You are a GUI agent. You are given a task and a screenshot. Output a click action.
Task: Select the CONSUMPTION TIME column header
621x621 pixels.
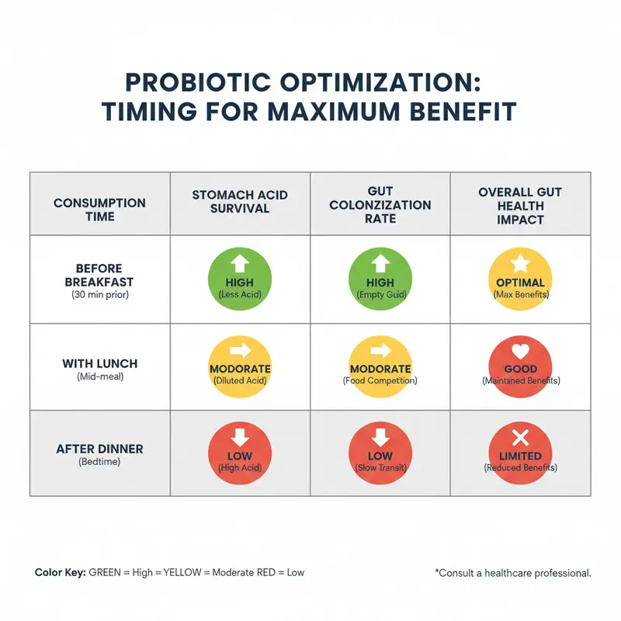99,210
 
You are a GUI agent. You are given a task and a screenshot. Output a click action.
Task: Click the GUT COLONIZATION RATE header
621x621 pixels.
380,205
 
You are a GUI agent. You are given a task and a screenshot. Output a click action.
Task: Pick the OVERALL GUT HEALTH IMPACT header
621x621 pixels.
519,206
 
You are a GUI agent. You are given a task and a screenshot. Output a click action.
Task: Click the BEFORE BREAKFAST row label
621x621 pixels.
99,275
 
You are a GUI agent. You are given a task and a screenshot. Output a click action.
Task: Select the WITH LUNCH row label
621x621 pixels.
99,363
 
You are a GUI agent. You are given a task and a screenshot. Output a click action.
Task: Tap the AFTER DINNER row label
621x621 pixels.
99,449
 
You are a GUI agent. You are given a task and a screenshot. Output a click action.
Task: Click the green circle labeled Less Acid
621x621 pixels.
240,279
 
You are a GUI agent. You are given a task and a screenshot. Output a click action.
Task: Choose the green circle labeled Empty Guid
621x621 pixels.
380,279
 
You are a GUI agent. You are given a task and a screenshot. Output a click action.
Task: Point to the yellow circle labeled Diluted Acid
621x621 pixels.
240,366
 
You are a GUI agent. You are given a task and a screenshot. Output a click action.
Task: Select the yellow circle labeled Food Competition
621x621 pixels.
380,366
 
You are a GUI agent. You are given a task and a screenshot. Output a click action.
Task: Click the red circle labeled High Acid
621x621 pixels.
240,453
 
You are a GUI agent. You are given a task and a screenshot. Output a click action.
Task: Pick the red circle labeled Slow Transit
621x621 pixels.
380,453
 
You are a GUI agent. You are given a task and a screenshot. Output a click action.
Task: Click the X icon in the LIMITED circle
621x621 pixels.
519,438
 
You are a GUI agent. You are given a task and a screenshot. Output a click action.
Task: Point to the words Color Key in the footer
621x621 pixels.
61,572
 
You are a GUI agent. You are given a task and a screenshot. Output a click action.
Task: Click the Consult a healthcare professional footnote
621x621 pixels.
513,573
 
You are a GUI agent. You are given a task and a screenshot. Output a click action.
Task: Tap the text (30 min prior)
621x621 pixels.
99,297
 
